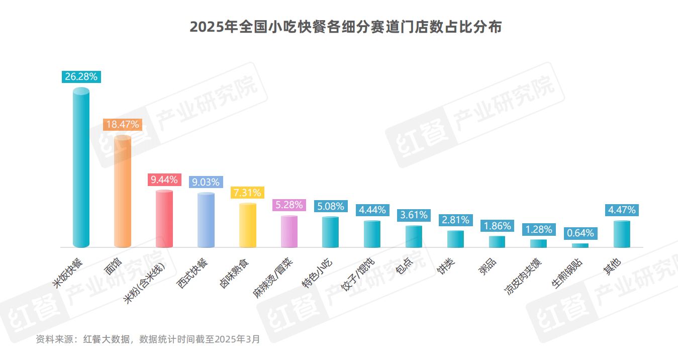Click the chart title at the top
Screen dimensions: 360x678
click(x=346, y=27)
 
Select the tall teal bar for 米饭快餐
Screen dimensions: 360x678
click(x=81, y=168)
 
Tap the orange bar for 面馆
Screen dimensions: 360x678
click(x=123, y=191)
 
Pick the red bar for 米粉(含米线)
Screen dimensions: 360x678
click(x=164, y=219)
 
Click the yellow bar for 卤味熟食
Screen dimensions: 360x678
click(x=247, y=225)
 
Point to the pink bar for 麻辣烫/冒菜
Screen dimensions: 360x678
click(x=289, y=231)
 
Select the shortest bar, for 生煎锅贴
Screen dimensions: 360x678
click(x=580, y=245)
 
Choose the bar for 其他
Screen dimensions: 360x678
click(x=622, y=234)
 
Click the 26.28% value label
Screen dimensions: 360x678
click(x=82, y=76)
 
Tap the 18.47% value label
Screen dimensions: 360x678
click(x=123, y=125)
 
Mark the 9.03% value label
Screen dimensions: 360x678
click(x=206, y=182)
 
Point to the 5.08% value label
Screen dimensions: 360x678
click(x=331, y=206)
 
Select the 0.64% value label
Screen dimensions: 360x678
click(x=580, y=233)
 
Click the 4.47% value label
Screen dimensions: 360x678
click(x=622, y=210)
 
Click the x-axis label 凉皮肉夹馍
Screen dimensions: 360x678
click(x=523, y=277)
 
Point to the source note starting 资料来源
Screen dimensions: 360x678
click(x=148, y=339)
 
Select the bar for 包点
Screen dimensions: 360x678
click(x=414, y=236)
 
